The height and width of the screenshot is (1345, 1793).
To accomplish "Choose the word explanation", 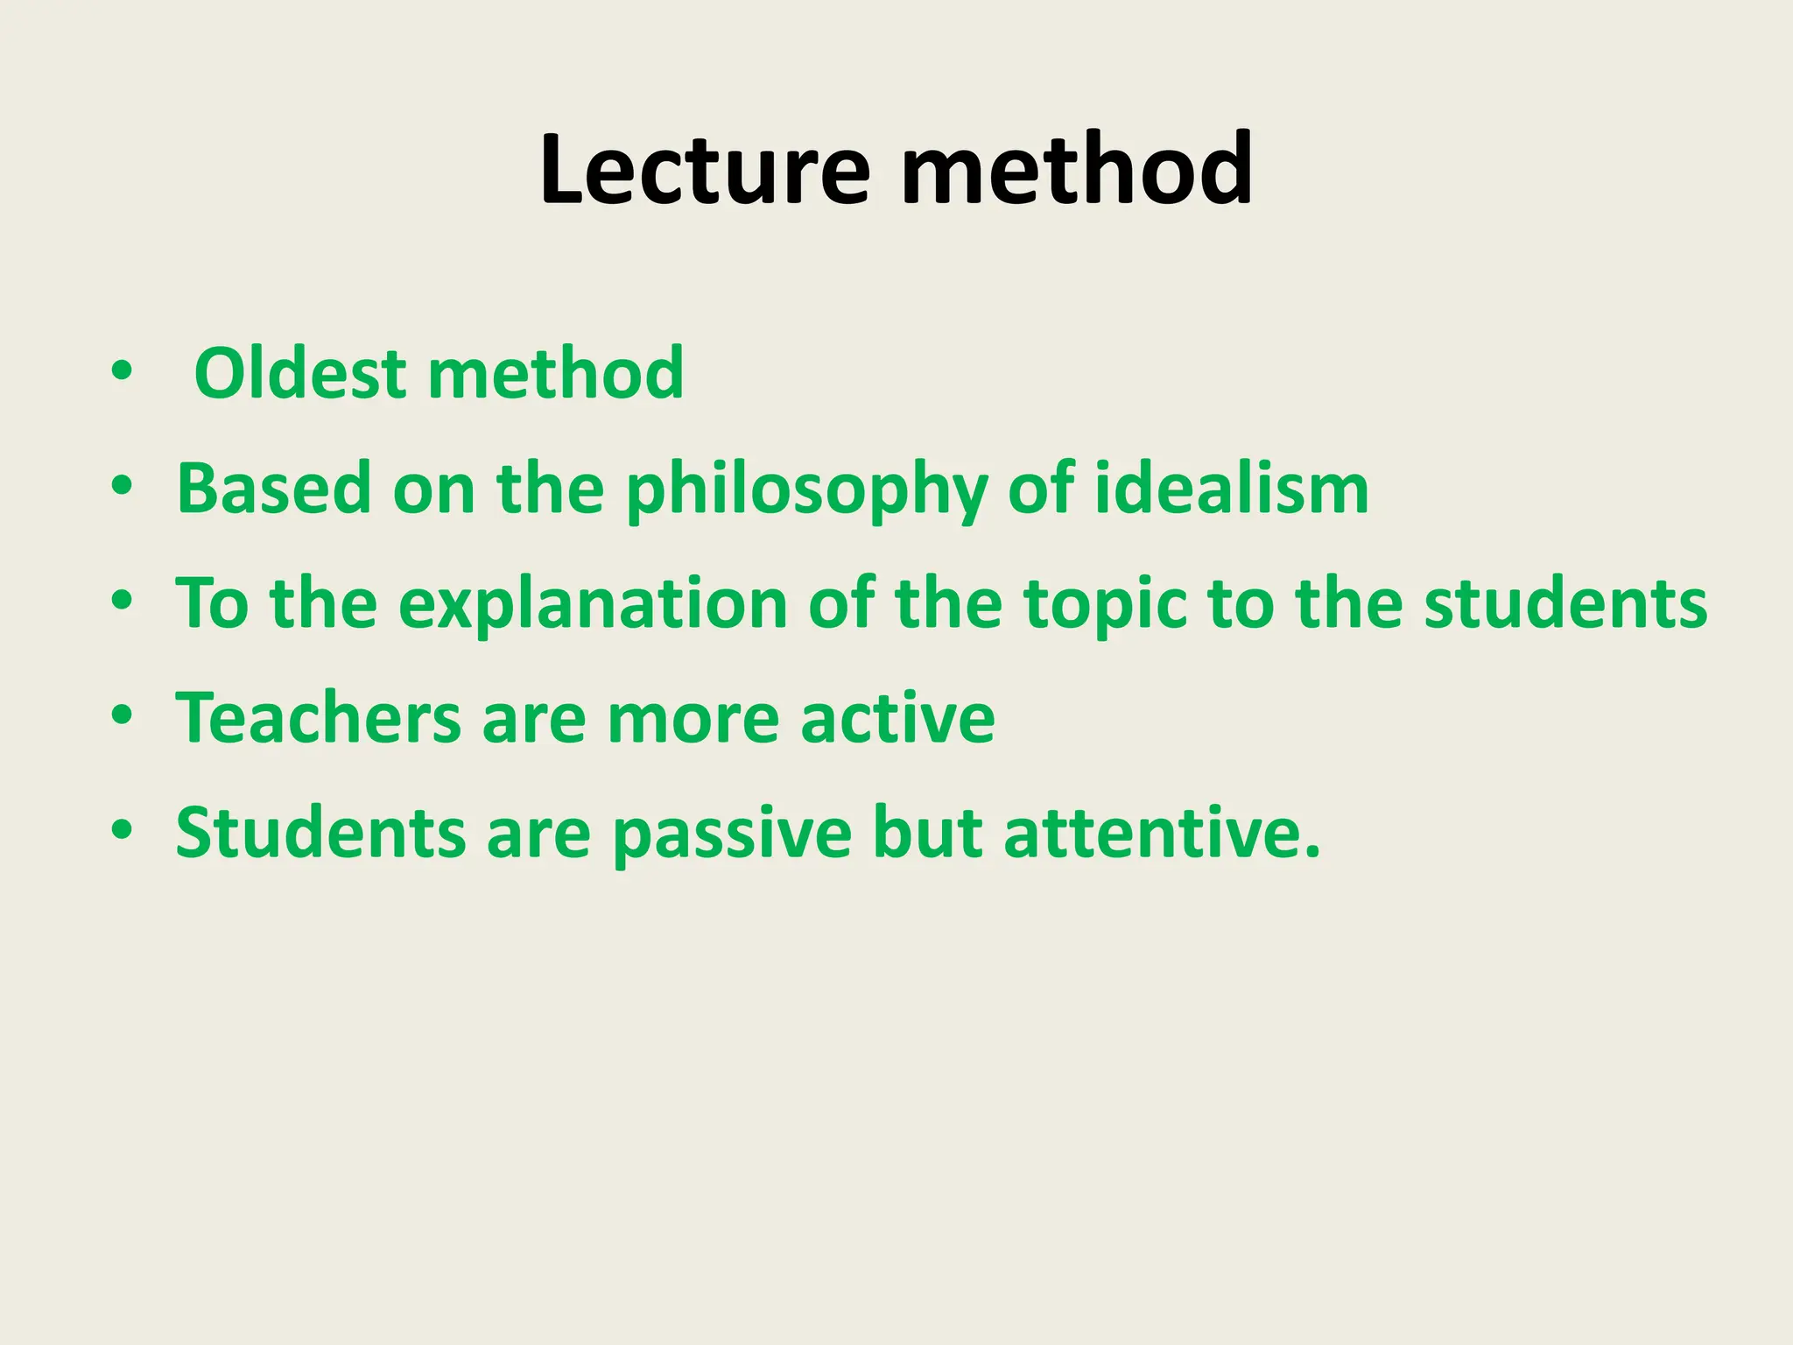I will click(x=593, y=604).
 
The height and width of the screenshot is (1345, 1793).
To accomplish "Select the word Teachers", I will click(x=318, y=718).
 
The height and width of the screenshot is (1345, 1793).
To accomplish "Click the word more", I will click(x=693, y=718).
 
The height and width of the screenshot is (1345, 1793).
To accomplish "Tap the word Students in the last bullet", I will click(x=320, y=833).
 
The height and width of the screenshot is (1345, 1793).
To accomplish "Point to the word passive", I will click(x=731, y=833).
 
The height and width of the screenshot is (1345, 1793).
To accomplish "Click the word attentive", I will click(x=1161, y=833).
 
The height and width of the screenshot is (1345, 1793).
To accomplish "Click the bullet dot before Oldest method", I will click(x=122, y=372).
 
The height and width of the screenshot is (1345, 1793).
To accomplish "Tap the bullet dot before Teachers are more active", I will click(x=122, y=716).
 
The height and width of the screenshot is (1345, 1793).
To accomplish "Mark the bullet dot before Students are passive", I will click(x=122, y=831).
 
